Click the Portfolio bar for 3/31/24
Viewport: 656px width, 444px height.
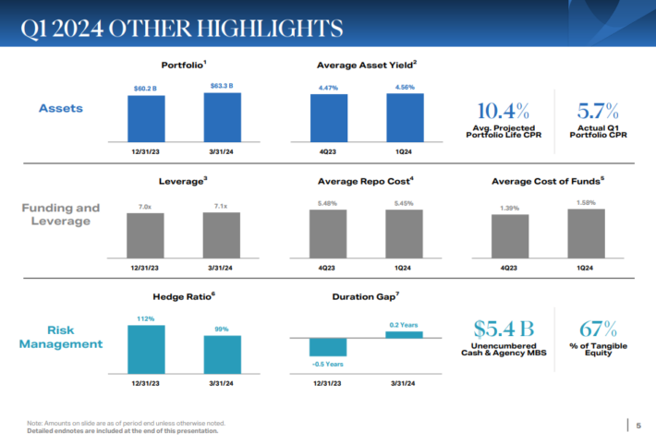222,114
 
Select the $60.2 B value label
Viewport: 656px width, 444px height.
146,89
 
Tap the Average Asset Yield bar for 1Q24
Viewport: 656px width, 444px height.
404,116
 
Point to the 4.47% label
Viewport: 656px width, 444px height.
328,89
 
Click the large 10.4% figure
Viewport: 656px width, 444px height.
504,111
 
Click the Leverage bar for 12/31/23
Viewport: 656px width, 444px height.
145,234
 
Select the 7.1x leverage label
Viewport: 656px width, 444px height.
222,207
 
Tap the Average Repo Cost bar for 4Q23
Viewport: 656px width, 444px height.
328,233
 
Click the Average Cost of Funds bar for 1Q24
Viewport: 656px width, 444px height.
586,233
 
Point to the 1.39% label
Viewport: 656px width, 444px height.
510,208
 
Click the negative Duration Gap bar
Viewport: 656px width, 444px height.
328,347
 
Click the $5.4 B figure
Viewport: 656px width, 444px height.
504,329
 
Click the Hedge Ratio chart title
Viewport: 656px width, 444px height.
183,296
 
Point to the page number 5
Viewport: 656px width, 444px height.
638,425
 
